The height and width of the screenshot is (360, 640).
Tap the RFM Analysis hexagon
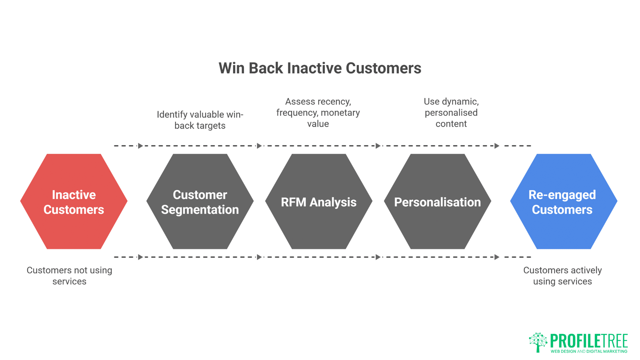pos(319,227)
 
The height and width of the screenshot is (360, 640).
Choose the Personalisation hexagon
pos(437,227)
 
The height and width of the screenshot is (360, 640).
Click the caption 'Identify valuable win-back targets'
pos(200,120)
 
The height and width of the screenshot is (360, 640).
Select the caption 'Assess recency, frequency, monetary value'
pos(318,113)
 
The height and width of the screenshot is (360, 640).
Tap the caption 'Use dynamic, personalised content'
pos(451,113)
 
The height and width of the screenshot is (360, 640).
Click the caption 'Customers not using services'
pos(69,276)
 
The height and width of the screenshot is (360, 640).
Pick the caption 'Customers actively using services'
pos(562,276)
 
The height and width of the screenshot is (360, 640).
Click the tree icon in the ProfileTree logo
pos(538,342)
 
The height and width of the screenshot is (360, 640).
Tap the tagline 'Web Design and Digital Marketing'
pos(589,351)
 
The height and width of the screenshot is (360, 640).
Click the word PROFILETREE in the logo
pos(589,341)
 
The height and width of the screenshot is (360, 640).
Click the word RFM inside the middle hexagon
pos(293,202)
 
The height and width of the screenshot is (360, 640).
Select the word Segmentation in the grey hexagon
pos(200,210)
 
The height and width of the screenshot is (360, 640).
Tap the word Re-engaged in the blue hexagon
pos(562,195)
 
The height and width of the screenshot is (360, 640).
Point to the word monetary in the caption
pos(340,113)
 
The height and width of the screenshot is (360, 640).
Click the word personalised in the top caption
pos(451,113)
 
